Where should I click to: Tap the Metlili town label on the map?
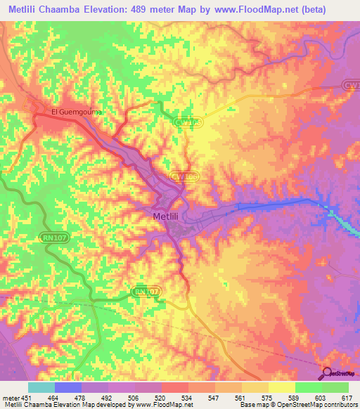pos(169,217)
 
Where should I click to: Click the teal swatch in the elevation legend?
pos(41,387)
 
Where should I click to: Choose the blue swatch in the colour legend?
pos(67,387)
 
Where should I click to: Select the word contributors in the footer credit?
pos(337,405)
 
